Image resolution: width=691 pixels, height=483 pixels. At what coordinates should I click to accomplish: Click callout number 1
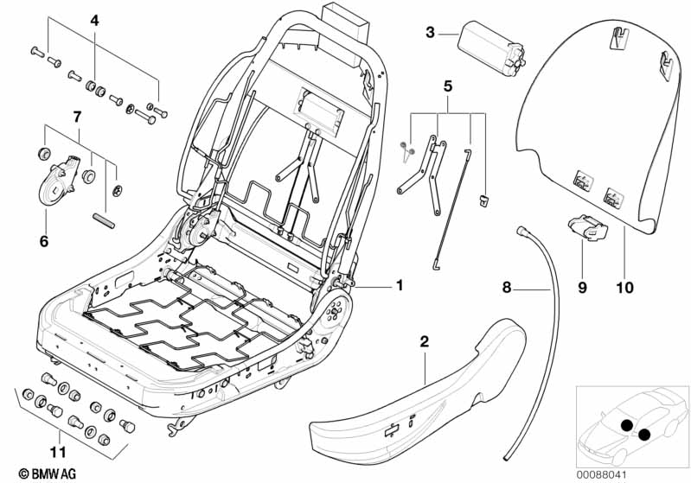[x=400, y=285]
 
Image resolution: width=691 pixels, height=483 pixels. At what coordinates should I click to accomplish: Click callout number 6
[x=43, y=242]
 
